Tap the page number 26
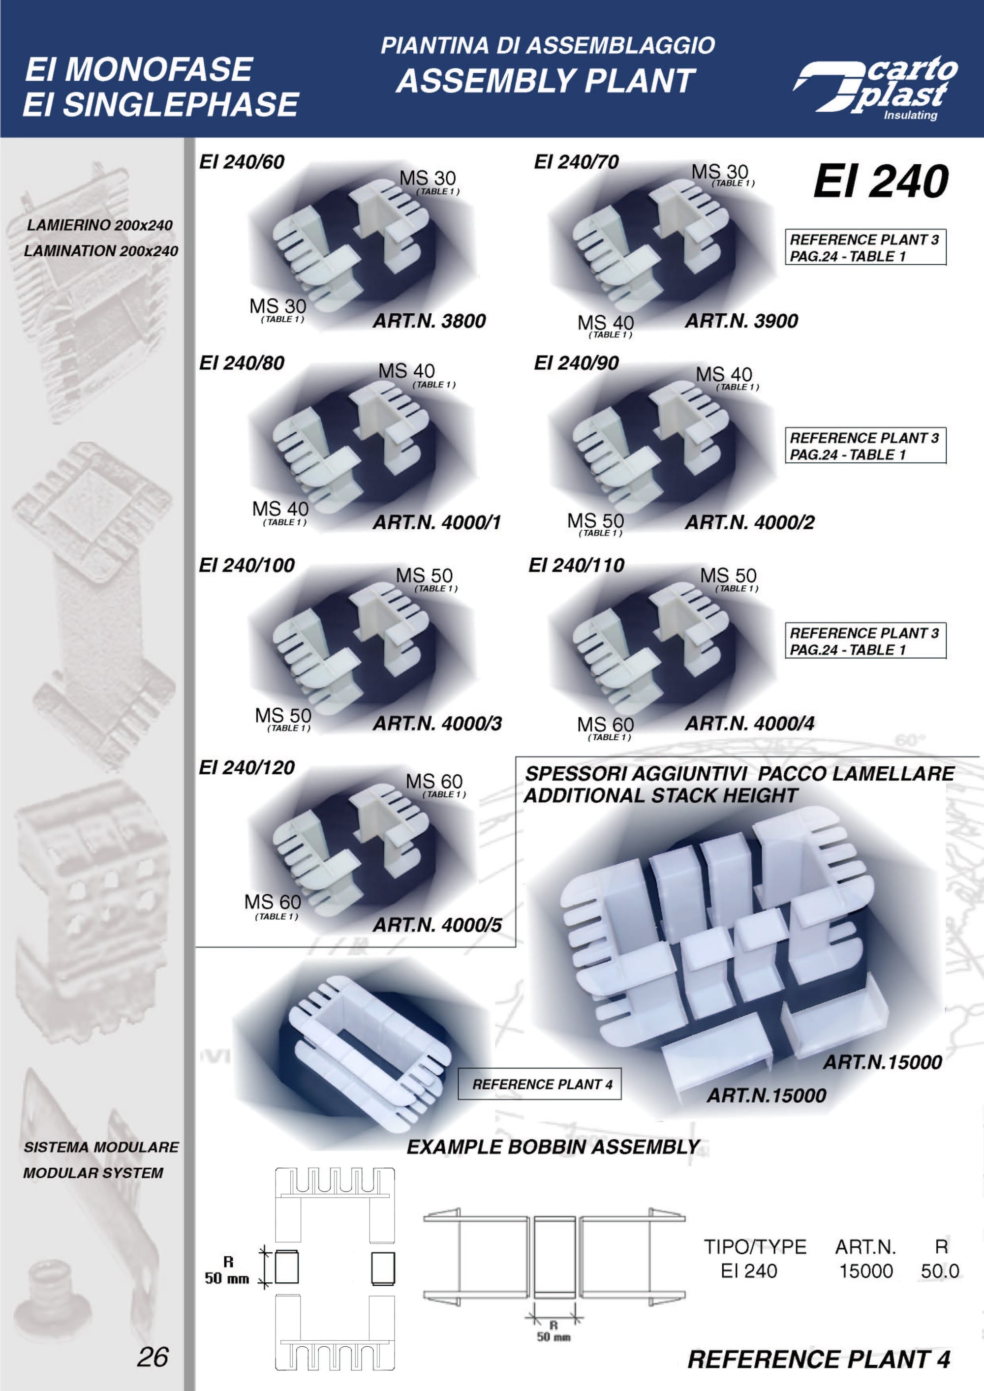pyautogui.click(x=153, y=1357)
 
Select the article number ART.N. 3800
pyautogui.click(x=429, y=321)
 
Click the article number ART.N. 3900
pyautogui.click(x=741, y=321)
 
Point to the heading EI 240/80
pyautogui.click(x=242, y=363)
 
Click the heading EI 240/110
pyautogui.click(x=576, y=565)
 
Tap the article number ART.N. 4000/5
pyautogui.click(x=437, y=925)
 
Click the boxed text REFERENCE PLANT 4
pyautogui.click(x=542, y=1084)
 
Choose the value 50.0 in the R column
pyautogui.click(x=940, y=1270)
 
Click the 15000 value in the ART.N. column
pyautogui.click(x=866, y=1270)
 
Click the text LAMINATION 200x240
pyautogui.click(x=100, y=250)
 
